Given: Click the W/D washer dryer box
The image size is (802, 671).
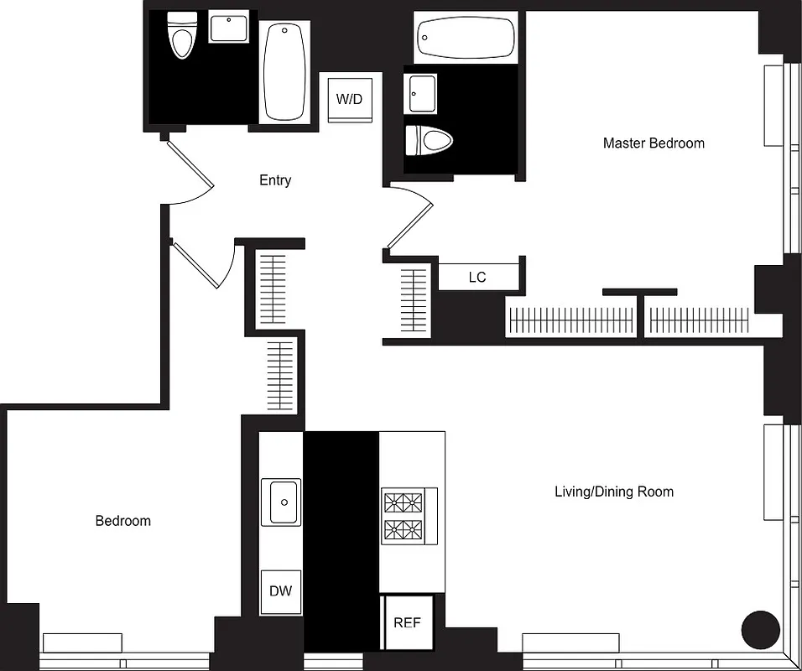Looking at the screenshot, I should coord(349,99).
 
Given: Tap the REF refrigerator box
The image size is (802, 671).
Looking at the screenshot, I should coord(407,622).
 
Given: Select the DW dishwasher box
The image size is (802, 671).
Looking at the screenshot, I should coord(280,591).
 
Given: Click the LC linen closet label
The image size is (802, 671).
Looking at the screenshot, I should coord(477,277).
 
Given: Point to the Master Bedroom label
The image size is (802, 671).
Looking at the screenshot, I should coord(654,143).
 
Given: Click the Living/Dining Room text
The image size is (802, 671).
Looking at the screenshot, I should coord(613,492).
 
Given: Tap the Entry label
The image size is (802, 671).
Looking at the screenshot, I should coord(275,180).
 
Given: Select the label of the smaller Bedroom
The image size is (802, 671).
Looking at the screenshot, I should coord(123,521).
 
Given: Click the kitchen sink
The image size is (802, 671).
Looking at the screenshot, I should coord(282,502).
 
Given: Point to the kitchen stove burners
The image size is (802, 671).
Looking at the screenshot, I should coord(404,516).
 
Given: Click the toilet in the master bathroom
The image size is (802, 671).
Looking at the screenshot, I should coord(427,140).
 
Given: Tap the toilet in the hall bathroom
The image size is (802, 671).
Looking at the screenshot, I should coord(180,35).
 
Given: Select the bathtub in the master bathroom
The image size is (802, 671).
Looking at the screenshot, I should coord(465,38).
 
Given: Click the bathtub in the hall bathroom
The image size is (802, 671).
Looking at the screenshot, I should coord(285,73).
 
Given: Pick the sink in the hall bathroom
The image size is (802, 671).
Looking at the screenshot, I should coord(228,28).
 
